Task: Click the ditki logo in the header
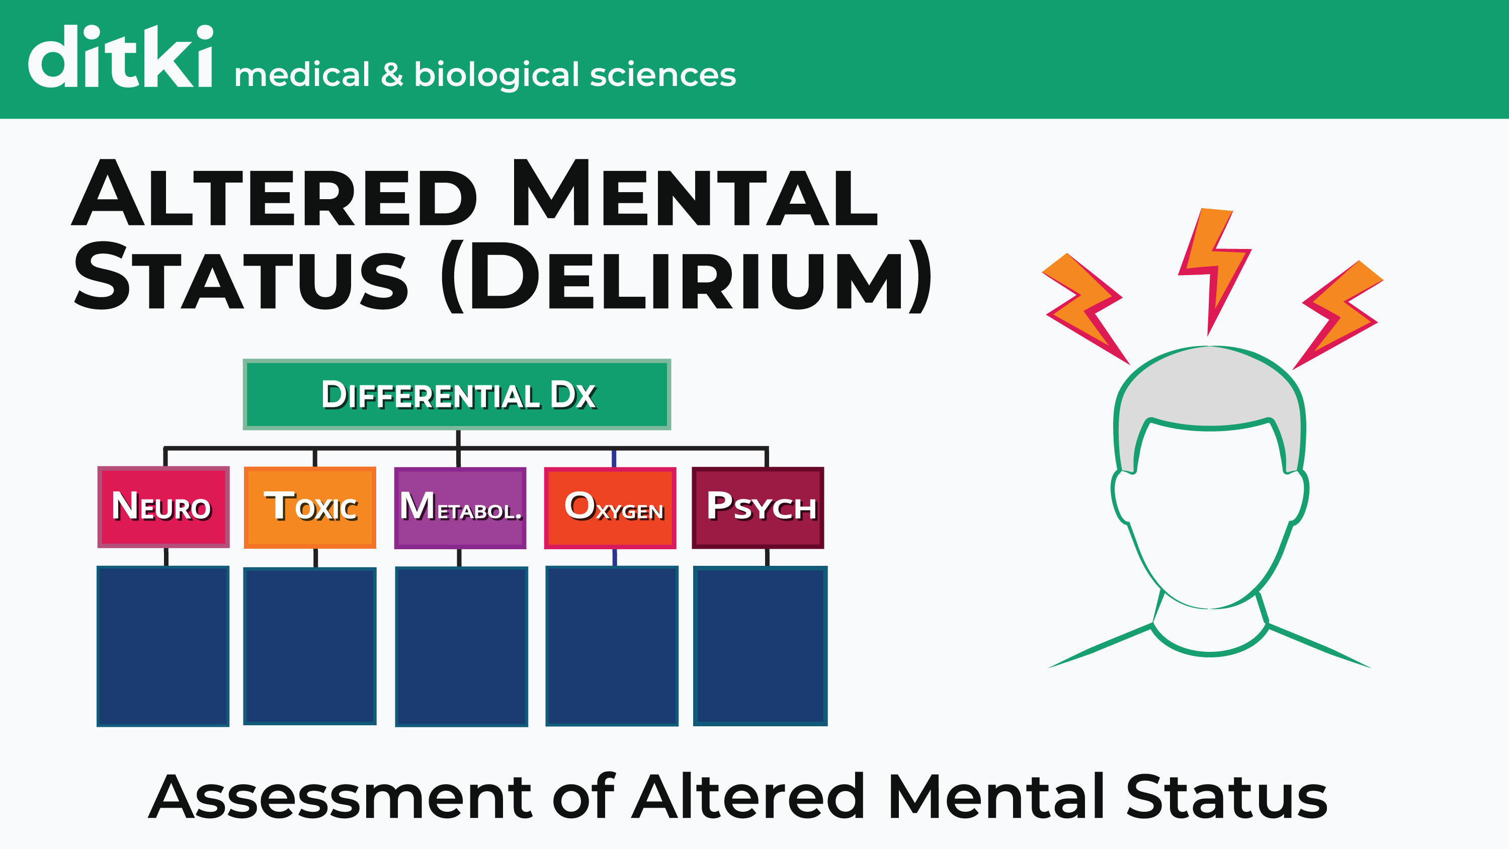pyautogui.click(x=120, y=57)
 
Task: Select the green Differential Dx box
pyautogui.click(x=457, y=394)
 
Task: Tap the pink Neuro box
pyautogui.click(x=163, y=507)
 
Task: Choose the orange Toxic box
pyautogui.click(x=310, y=507)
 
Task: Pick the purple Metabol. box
pyautogui.click(x=460, y=507)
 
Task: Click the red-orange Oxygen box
pyautogui.click(x=610, y=507)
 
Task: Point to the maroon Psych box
pyautogui.click(x=758, y=507)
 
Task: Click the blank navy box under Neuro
pyautogui.click(x=163, y=646)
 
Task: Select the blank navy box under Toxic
pyautogui.click(x=310, y=646)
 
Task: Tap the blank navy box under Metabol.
pyautogui.click(x=462, y=646)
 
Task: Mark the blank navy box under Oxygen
pyautogui.click(x=612, y=646)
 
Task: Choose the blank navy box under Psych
pyautogui.click(x=760, y=646)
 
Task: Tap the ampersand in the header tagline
pyautogui.click(x=392, y=75)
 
